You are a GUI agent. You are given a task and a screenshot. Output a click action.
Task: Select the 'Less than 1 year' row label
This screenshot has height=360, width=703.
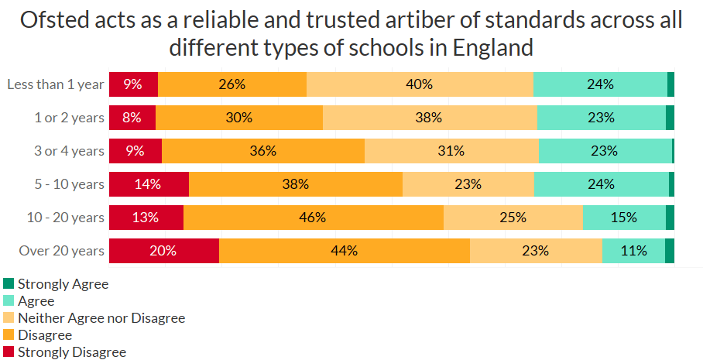[55, 84]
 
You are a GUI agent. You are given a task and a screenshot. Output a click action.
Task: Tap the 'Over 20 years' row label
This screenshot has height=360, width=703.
[61, 251]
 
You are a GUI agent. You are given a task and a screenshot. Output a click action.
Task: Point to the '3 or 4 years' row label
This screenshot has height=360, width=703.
[69, 151]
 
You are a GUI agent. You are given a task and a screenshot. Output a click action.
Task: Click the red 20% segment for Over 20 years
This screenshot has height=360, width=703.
[164, 251]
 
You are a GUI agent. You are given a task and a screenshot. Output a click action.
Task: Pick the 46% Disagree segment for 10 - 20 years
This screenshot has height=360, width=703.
[313, 218]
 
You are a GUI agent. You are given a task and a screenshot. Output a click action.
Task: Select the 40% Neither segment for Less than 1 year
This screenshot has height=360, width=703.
[420, 84]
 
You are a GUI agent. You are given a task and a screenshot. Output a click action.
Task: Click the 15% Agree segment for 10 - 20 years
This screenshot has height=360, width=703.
[624, 218]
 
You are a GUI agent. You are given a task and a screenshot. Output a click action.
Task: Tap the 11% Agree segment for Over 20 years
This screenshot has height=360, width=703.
[633, 251]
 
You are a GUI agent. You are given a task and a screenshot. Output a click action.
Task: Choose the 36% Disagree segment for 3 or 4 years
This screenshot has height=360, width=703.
[263, 151]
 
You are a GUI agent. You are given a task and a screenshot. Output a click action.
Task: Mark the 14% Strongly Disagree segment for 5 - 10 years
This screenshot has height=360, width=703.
[149, 184]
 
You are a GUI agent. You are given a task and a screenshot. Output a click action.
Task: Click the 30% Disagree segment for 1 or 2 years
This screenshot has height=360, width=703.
[239, 118]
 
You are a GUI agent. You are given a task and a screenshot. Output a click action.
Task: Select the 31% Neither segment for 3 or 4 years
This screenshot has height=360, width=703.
[451, 151]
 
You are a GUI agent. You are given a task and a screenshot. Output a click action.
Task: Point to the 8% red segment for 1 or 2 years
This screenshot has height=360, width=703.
[132, 118]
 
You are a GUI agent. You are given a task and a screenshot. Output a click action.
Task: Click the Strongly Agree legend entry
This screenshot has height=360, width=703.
[63, 284]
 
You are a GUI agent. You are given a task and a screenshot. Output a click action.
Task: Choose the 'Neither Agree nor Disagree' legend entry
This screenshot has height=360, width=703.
[101, 318]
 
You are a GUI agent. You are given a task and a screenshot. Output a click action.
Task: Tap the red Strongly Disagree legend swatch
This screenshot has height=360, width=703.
[9, 352]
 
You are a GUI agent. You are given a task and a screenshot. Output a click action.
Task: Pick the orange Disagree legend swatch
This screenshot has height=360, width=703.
[9, 335]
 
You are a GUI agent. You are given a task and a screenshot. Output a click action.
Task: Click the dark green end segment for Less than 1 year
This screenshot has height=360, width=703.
[670, 84]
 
